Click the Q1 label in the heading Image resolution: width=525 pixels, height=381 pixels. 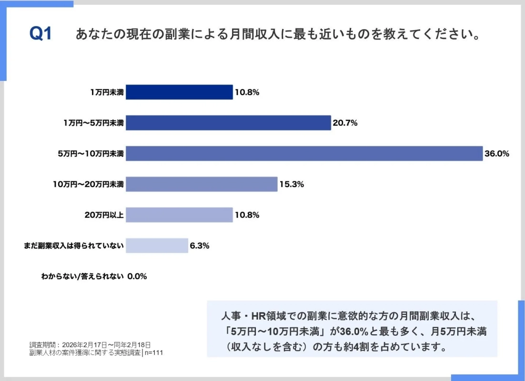coord(40,34)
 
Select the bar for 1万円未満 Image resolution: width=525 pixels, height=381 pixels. coord(179,92)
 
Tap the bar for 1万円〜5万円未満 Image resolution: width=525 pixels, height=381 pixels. coord(228,123)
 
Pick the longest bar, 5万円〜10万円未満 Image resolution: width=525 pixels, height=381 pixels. coord(304,154)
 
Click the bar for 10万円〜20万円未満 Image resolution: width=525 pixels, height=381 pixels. coord(202,184)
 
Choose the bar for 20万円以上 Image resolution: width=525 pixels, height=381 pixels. coord(179,215)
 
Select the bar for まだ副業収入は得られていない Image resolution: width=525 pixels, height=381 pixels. coord(157,246)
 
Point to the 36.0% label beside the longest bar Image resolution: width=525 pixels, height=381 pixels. coord(497,154)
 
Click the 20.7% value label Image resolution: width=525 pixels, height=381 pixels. coord(345,123)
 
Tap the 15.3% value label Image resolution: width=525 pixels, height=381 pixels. coord(292,184)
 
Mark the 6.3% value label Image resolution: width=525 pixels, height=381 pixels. coord(200,246)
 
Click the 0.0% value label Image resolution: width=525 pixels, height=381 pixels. coord(137,276)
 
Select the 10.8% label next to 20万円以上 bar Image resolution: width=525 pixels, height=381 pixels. coord(247,215)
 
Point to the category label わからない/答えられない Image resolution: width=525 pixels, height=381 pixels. coord(82,276)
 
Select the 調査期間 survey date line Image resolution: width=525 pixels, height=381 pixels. coord(90,344)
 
